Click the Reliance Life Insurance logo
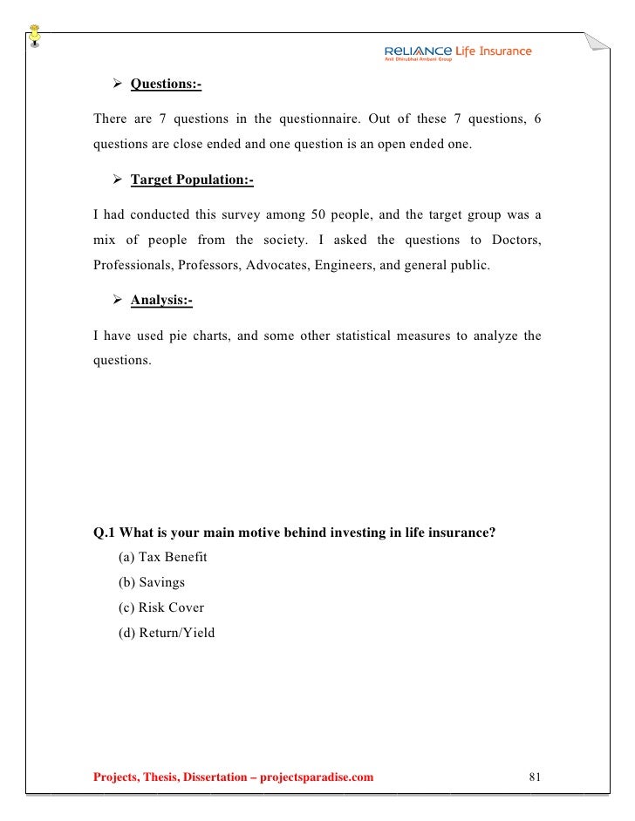point(457,53)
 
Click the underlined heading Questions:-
point(166,85)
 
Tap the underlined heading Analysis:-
point(161,301)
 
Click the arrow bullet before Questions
point(118,85)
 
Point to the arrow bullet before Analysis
point(118,301)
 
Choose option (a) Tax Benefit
point(162,557)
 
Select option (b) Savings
point(151,582)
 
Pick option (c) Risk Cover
point(160,607)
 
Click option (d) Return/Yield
point(166,633)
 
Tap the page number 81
point(536,777)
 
